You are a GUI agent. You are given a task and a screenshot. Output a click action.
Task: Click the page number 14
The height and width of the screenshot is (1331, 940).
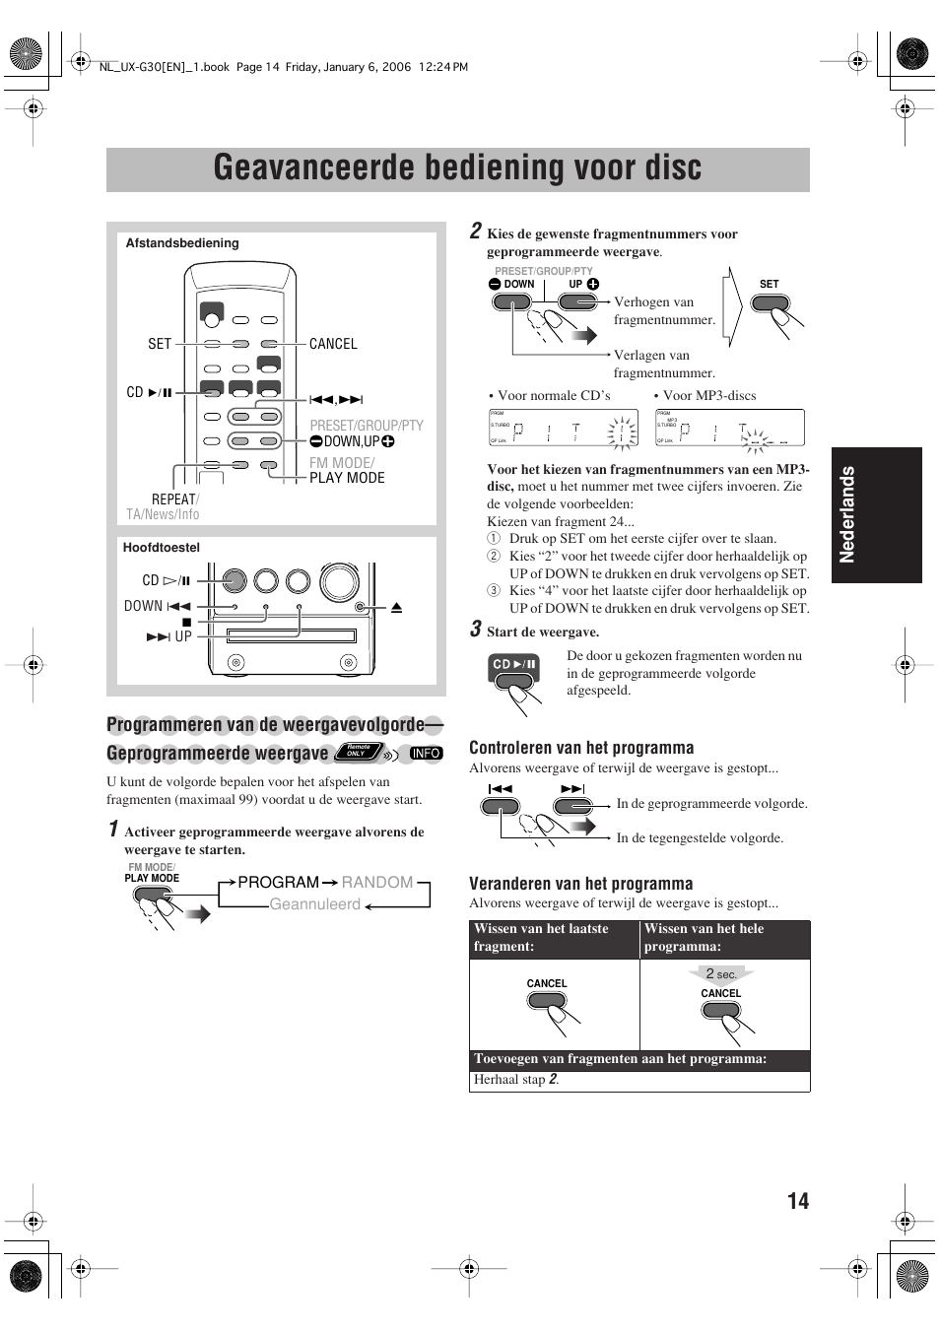click(x=798, y=1200)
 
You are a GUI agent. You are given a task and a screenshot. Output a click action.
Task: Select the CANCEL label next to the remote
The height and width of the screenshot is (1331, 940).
click(x=333, y=344)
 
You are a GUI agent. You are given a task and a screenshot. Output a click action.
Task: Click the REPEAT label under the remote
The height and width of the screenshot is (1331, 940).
click(x=173, y=499)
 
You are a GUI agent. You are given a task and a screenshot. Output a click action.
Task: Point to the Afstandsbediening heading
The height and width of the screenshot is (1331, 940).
click(x=182, y=243)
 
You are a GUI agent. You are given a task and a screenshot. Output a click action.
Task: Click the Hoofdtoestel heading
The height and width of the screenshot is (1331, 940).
click(x=162, y=548)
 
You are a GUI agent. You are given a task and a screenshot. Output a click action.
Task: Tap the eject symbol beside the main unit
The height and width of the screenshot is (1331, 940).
click(x=396, y=608)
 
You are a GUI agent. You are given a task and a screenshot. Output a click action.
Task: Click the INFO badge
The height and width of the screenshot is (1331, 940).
click(x=426, y=754)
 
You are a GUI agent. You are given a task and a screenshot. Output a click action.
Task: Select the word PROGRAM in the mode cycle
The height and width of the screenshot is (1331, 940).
click(x=278, y=883)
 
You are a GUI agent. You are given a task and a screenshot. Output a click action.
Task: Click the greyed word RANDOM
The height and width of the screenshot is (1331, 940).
click(x=377, y=883)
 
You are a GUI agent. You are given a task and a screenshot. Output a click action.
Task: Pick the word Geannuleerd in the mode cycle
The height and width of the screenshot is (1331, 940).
click(x=315, y=904)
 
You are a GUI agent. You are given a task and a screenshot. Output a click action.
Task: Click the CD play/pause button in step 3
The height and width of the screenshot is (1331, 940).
click(x=514, y=666)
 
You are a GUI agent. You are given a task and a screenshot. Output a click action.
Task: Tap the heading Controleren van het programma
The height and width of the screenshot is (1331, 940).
click(x=581, y=748)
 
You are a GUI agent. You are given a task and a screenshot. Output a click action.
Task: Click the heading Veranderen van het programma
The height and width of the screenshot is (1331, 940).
click(x=580, y=884)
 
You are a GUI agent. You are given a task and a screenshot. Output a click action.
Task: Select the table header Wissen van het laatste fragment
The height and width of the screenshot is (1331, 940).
click(x=542, y=937)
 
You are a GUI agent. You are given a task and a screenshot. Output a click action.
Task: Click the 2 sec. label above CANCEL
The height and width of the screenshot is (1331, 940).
click(x=721, y=974)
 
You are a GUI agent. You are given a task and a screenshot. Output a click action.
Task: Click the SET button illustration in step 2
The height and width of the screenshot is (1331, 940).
click(x=769, y=303)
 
